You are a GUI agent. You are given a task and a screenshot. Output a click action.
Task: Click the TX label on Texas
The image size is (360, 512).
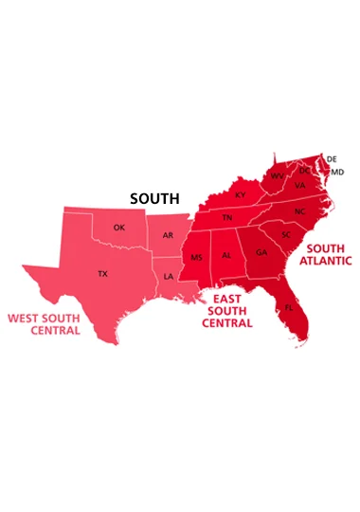click(x=102, y=274)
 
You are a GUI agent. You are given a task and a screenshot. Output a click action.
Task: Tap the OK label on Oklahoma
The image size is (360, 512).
click(x=118, y=228)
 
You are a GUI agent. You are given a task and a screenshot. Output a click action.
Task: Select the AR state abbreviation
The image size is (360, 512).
click(x=168, y=234)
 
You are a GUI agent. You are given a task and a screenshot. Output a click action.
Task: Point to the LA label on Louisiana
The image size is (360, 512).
click(x=169, y=277)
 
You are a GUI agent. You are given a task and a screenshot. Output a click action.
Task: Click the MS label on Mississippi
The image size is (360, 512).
click(x=197, y=257)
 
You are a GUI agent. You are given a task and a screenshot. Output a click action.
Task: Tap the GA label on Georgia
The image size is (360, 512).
click(x=261, y=252)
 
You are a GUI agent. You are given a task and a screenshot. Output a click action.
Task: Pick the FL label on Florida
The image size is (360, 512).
click(x=289, y=308)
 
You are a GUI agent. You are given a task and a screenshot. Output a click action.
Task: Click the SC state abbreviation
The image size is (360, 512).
click(x=284, y=233)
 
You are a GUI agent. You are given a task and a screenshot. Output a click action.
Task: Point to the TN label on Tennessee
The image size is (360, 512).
click(x=227, y=218)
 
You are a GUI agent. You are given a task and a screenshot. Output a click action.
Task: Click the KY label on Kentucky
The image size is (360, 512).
click(x=240, y=194)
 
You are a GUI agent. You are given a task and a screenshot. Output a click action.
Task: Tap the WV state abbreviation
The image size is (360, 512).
click(x=277, y=176)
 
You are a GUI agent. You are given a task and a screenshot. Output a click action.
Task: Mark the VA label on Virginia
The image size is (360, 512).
click(x=299, y=186)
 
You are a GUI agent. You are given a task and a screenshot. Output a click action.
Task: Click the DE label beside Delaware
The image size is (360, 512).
click(x=332, y=158)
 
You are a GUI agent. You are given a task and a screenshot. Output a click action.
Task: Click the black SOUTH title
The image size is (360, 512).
click(x=153, y=199)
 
